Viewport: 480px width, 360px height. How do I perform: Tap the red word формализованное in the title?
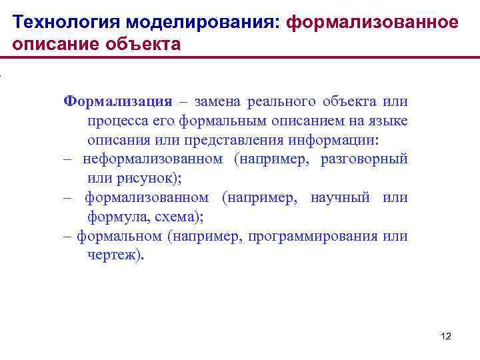(372, 22)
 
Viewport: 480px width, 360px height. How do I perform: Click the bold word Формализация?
(117, 101)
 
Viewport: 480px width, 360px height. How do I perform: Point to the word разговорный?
(364, 160)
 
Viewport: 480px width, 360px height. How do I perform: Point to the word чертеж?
(114, 255)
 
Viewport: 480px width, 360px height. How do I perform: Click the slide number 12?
(446, 337)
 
